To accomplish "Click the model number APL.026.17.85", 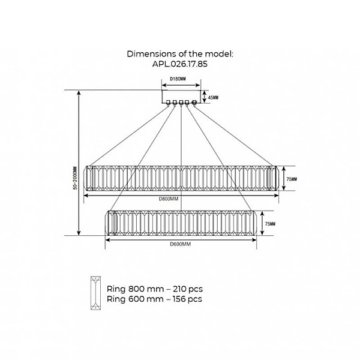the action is pyautogui.click(x=180, y=64).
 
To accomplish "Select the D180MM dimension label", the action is pyautogui.click(x=178, y=79).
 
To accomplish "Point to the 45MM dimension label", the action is pyautogui.click(x=213, y=98).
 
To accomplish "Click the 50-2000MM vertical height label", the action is pyautogui.click(x=75, y=178).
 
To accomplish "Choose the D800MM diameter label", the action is pyautogui.click(x=169, y=199).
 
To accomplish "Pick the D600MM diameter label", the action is pyautogui.click(x=180, y=244).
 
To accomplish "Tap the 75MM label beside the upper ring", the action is pyautogui.click(x=292, y=179).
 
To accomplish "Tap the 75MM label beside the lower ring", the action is pyautogui.click(x=270, y=224).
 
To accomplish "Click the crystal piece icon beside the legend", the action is pyautogui.click(x=95, y=293).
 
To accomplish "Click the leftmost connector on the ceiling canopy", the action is pyautogui.click(x=168, y=103).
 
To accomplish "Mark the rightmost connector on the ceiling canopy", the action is pyautogui.click(x=194, y=103).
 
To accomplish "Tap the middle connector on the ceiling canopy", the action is pyautogui.click(x=181, y=103).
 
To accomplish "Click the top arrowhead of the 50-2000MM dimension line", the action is pyautogui.click(x=79, y=92).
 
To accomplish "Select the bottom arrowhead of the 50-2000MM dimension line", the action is pyautogui.click(x=79, y=233).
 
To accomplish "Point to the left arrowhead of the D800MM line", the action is pyautogui.click(x=86, y=196).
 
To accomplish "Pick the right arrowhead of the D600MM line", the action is pyautogui.click(x=254, y=240).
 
